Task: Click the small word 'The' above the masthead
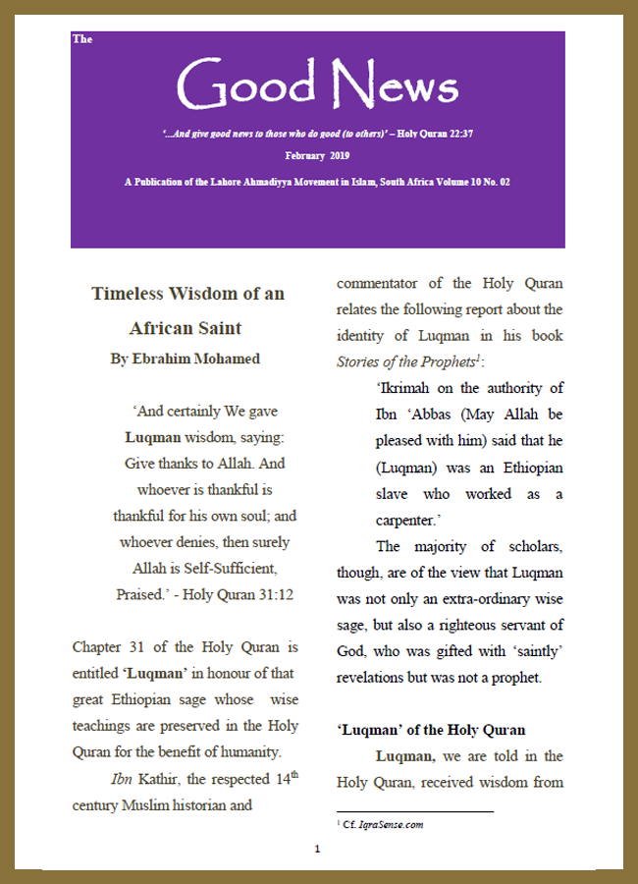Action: coord(82,39)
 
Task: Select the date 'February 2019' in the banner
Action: coord(318,156)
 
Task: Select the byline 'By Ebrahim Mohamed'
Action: coord(186,359)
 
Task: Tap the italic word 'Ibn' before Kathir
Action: coord(121,780)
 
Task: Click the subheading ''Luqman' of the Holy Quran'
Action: coord(431,730)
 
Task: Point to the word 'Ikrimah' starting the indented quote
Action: coord(405,389)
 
